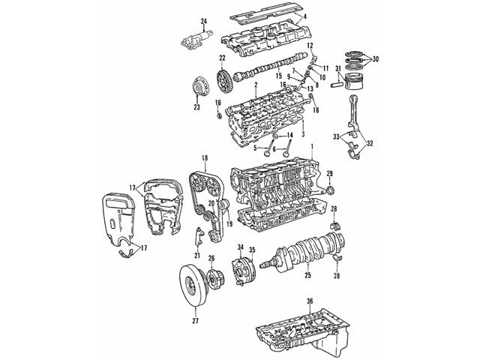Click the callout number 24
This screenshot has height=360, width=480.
click(x=182, y=19)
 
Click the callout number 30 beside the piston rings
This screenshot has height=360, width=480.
click(x=376, y=59)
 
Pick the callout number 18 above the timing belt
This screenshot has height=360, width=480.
click(x=204, y=159)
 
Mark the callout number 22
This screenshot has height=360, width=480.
click(x=222, y=58)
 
